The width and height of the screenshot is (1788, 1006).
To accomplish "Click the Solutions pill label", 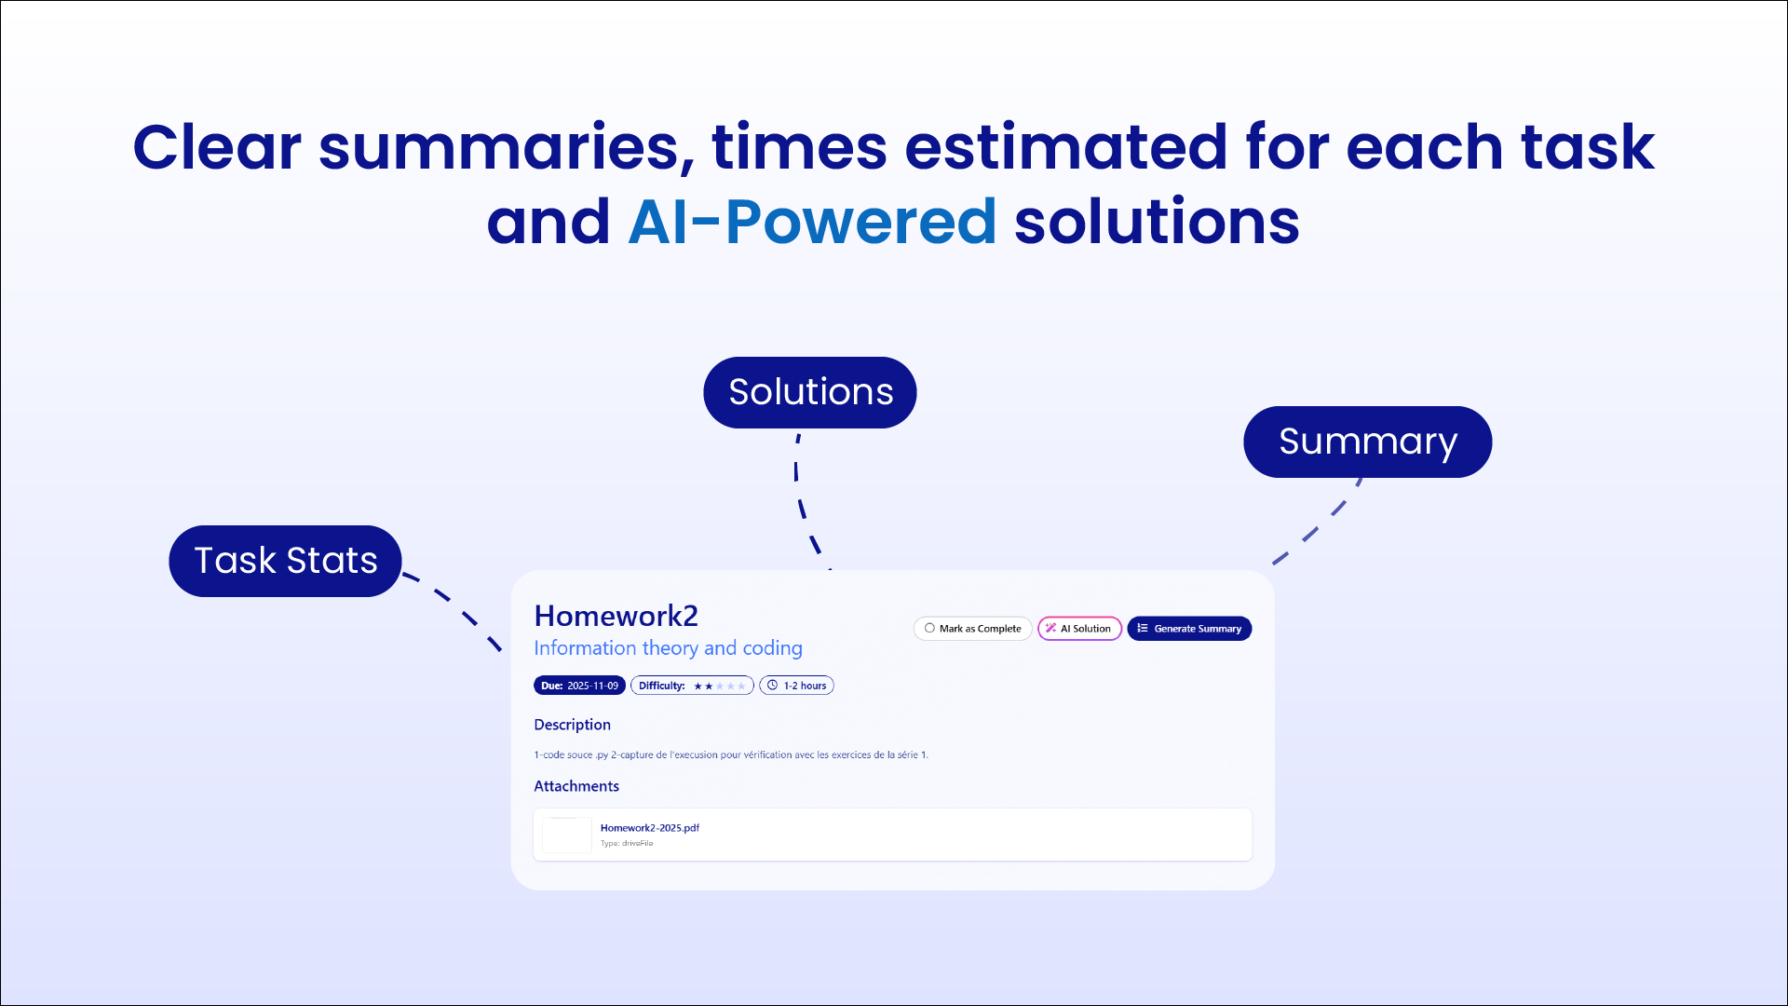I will [809, 392].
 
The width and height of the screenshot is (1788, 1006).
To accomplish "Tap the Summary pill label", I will [1366, 442].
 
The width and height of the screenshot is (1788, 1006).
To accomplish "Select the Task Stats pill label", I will [285, 561].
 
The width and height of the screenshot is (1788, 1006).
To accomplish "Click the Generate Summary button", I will [1189, 629].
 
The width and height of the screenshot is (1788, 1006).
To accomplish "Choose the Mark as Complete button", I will [972, 629].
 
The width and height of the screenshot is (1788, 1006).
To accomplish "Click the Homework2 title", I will [616, 616].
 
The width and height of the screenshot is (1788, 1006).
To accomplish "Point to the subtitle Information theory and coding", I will [668, 647].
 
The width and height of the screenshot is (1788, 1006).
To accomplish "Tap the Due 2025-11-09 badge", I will [579, 686].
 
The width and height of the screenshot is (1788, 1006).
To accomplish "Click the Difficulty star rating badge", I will [692, 686].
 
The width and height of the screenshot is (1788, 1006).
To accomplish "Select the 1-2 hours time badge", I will [796, 686].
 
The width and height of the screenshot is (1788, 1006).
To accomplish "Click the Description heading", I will [572, 725].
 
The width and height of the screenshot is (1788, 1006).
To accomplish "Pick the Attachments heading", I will [576, 786].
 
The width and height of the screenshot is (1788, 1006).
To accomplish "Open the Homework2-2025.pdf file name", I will [649, 827].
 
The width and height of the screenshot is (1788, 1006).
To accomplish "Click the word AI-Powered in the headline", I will [812, 223].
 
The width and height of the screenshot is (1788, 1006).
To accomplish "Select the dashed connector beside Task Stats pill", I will [455, 605].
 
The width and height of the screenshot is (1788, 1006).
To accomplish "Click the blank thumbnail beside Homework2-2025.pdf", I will [566, 835].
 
